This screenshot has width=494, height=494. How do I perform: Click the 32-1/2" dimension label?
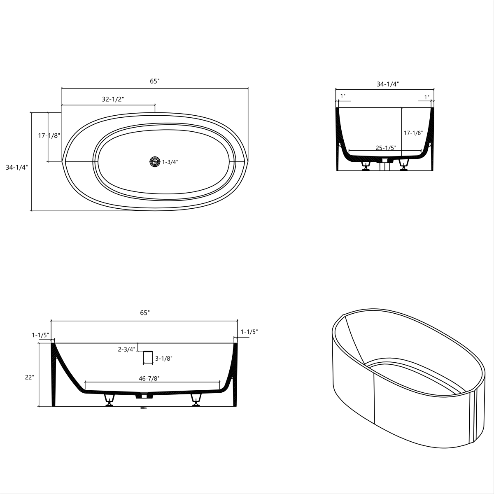pyautogui.click(x=113, y=99)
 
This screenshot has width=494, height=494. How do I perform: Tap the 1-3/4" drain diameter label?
pyautogui.click(x=170, y=162)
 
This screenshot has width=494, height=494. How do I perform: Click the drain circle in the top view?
pyautogui.click(x=155, y=162)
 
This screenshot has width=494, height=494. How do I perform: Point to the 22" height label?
pyautogui.click(x=29, y=377)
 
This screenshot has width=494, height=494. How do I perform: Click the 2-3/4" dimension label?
pyautogui.click(x=126, y=350)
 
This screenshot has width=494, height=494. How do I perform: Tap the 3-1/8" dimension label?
pyautogui.click(x=163, y=359)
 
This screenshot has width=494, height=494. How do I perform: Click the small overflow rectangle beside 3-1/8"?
pyautogui.click(x=148, y=357)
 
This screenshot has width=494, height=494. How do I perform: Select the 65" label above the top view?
pyautogui.click(x=154, y=82)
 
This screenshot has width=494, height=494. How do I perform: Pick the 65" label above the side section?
pyautogui.click(x=144, y=313)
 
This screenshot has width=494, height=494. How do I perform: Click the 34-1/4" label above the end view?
pyautogui.click(x=388, y=84)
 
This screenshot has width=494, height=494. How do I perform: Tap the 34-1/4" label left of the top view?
pyautogui.click(x=16, y=168)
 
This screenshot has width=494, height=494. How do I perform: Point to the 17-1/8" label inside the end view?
pyautogui.click(x=413, y=133)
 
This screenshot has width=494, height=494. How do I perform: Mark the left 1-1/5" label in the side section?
pyautogui.click(x=40, y=335)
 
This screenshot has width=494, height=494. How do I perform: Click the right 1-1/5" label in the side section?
pyautogui.click(x=249, y=331)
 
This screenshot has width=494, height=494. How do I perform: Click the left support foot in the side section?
pyautogui.click(x=110, y=400)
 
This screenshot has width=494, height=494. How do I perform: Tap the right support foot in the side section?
pyautogui.click(x=196, y=400)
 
